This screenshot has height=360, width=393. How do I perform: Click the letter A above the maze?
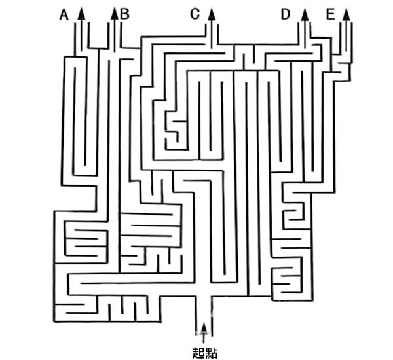coord(64,15)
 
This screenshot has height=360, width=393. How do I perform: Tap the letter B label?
coord(125,14)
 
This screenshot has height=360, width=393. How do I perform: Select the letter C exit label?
coord(195,14)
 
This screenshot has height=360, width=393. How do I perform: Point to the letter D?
coord(286,14)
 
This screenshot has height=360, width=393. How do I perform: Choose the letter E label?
coord(331,14)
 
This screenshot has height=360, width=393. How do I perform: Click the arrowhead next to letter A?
coord(81,14)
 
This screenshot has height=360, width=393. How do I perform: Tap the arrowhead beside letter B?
coord(115,14)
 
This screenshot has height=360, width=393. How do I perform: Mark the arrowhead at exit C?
coord(212,14)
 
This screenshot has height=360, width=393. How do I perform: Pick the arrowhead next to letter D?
coord(305,14)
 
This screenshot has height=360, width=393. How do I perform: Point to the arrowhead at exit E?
coord(346,14)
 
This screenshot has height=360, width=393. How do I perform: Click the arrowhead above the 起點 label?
coord(204,328)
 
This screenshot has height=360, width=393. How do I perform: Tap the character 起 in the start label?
coord(198,353)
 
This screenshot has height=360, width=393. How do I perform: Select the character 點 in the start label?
coord(211,353)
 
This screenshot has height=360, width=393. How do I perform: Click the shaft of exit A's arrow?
coord(81,35)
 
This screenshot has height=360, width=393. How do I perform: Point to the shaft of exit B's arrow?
coord(115,36)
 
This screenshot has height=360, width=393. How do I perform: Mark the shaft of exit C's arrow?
coord(212,34)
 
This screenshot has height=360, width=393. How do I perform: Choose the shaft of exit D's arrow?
coord(305,34)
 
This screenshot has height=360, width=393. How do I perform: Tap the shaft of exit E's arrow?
coord(346,36)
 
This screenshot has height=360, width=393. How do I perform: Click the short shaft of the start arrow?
coord(204,338)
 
